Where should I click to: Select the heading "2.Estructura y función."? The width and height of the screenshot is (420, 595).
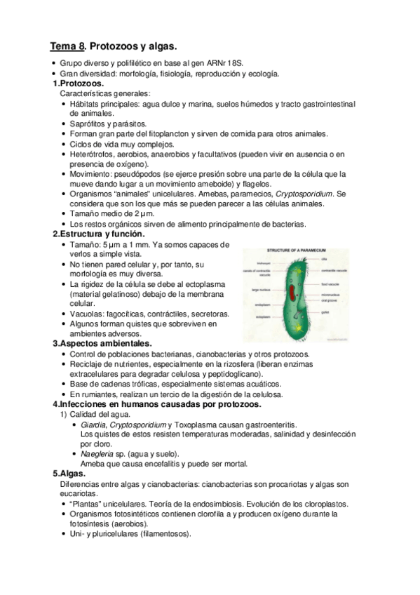(98, 234)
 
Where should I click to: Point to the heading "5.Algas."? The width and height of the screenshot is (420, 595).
(69, 474)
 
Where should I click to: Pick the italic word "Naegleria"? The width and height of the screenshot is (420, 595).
(97, 454)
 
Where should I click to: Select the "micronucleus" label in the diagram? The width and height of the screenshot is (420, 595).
(333, 295)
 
